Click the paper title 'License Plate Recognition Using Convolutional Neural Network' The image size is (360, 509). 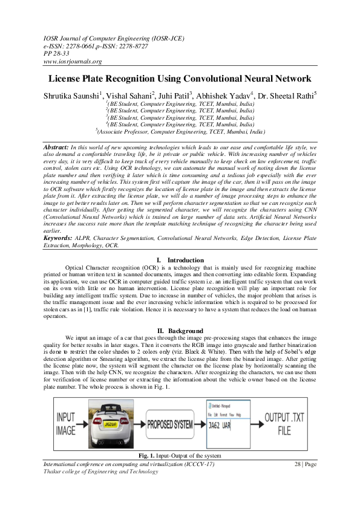pos(180,79)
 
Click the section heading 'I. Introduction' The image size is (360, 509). pos(180,260)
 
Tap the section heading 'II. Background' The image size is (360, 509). pos(180,330)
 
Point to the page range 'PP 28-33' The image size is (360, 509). pos(58,53)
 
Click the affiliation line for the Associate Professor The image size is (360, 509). pos(180,131)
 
